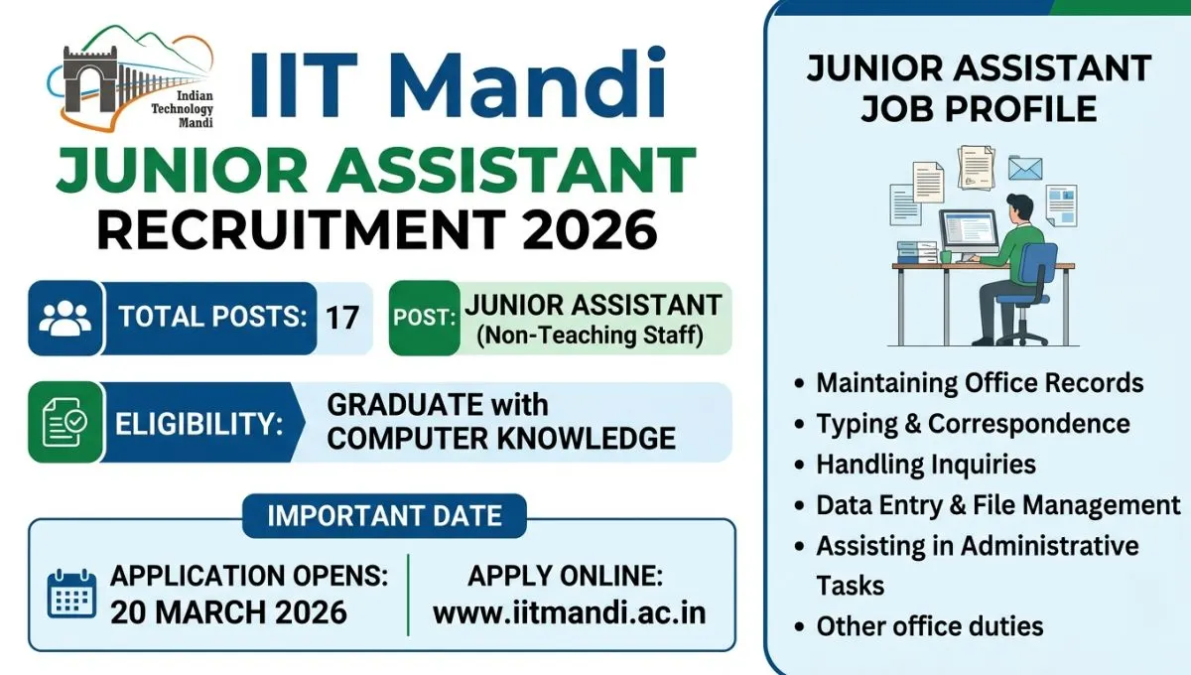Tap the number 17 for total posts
(342, 318)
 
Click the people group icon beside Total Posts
(66, 318)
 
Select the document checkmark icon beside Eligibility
(66, 423)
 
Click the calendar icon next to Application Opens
(71, 594)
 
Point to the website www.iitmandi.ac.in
(570, 612)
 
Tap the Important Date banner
(384, 516)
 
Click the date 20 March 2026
(228, 612)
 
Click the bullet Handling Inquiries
(925, 465)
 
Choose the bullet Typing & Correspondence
(973, 424)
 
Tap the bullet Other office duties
(929, 626)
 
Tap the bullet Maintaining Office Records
(980, 383)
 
